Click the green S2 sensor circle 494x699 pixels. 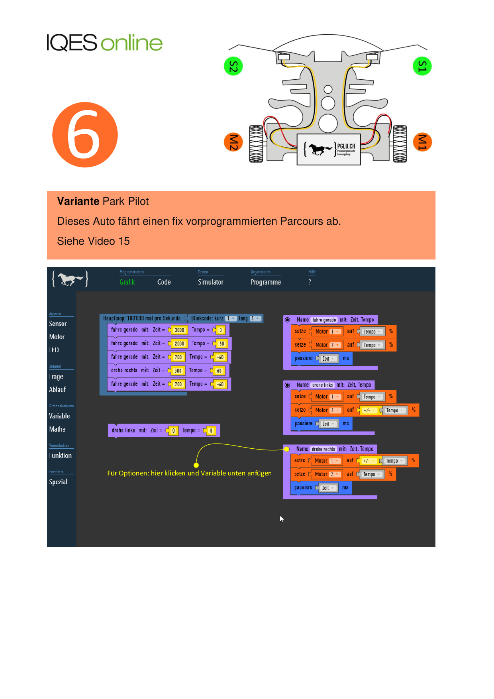[x=233, y=66]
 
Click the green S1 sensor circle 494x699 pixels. [x=422, y=66]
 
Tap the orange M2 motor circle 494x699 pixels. [x=233, y=142]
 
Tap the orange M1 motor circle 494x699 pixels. [x=422, y=142]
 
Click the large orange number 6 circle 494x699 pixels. [x=85, y=135]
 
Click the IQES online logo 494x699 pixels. [x=105, y=43]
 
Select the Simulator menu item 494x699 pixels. [x=210, y=282]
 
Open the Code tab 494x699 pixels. [x=164, y=282]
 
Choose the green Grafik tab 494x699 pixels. [x=127, y=282]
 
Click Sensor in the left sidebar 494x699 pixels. [x=58, y=324]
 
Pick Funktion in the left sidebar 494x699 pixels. [x=61, y=456]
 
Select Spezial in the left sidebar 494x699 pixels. [x=58, y=482]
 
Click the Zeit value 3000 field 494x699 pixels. [x=179, y=330]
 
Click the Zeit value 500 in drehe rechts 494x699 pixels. [x=178, y=371]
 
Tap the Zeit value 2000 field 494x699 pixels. [x=179, y=344]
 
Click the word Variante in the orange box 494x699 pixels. [x=78, y=201]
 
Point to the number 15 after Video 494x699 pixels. [x=124, y=241]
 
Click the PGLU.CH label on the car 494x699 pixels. [x=346, y=146]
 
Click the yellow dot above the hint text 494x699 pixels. [x=196, y=465]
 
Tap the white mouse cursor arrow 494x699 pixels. [x=282, y=518]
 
